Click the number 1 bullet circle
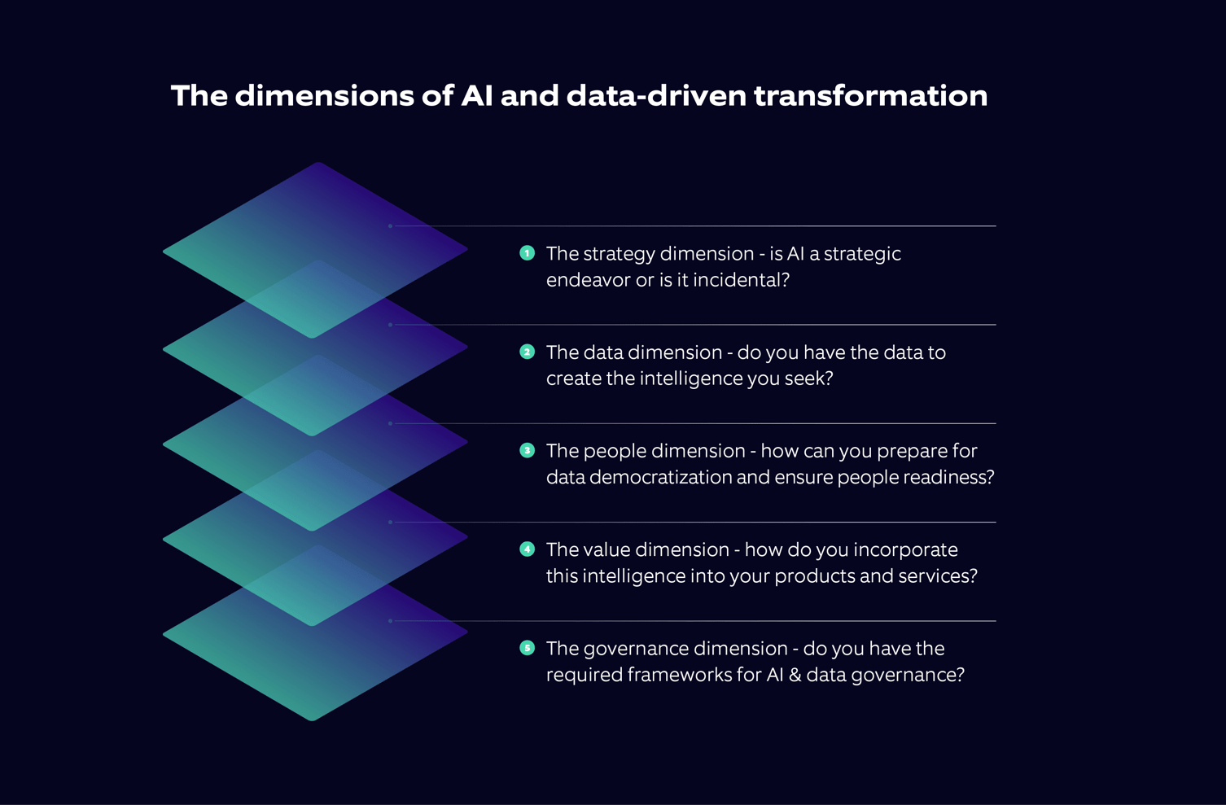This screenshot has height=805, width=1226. point(527,253)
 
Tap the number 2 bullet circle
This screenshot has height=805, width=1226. point(527,352)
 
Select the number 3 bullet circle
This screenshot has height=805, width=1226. point(527,450)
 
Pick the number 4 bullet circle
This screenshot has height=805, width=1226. point(527,549)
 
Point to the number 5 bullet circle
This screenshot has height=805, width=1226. point(527,648)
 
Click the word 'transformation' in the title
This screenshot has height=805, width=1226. point(870,96)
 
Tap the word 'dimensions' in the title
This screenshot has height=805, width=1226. point(324,96)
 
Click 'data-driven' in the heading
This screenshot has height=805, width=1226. point(656,96)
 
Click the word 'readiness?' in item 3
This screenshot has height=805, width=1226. point(949,477)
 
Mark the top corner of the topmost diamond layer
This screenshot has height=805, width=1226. point(318,164)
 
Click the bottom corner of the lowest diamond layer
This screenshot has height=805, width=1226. point(313,720)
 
